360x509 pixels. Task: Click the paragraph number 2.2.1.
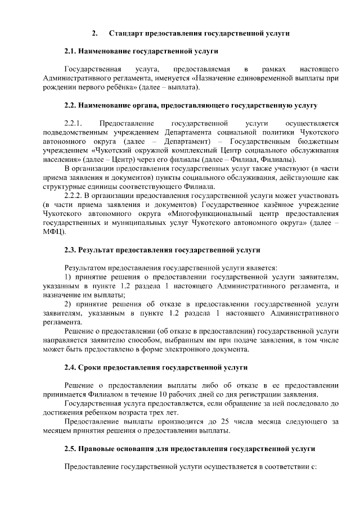[x=74, y=123]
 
